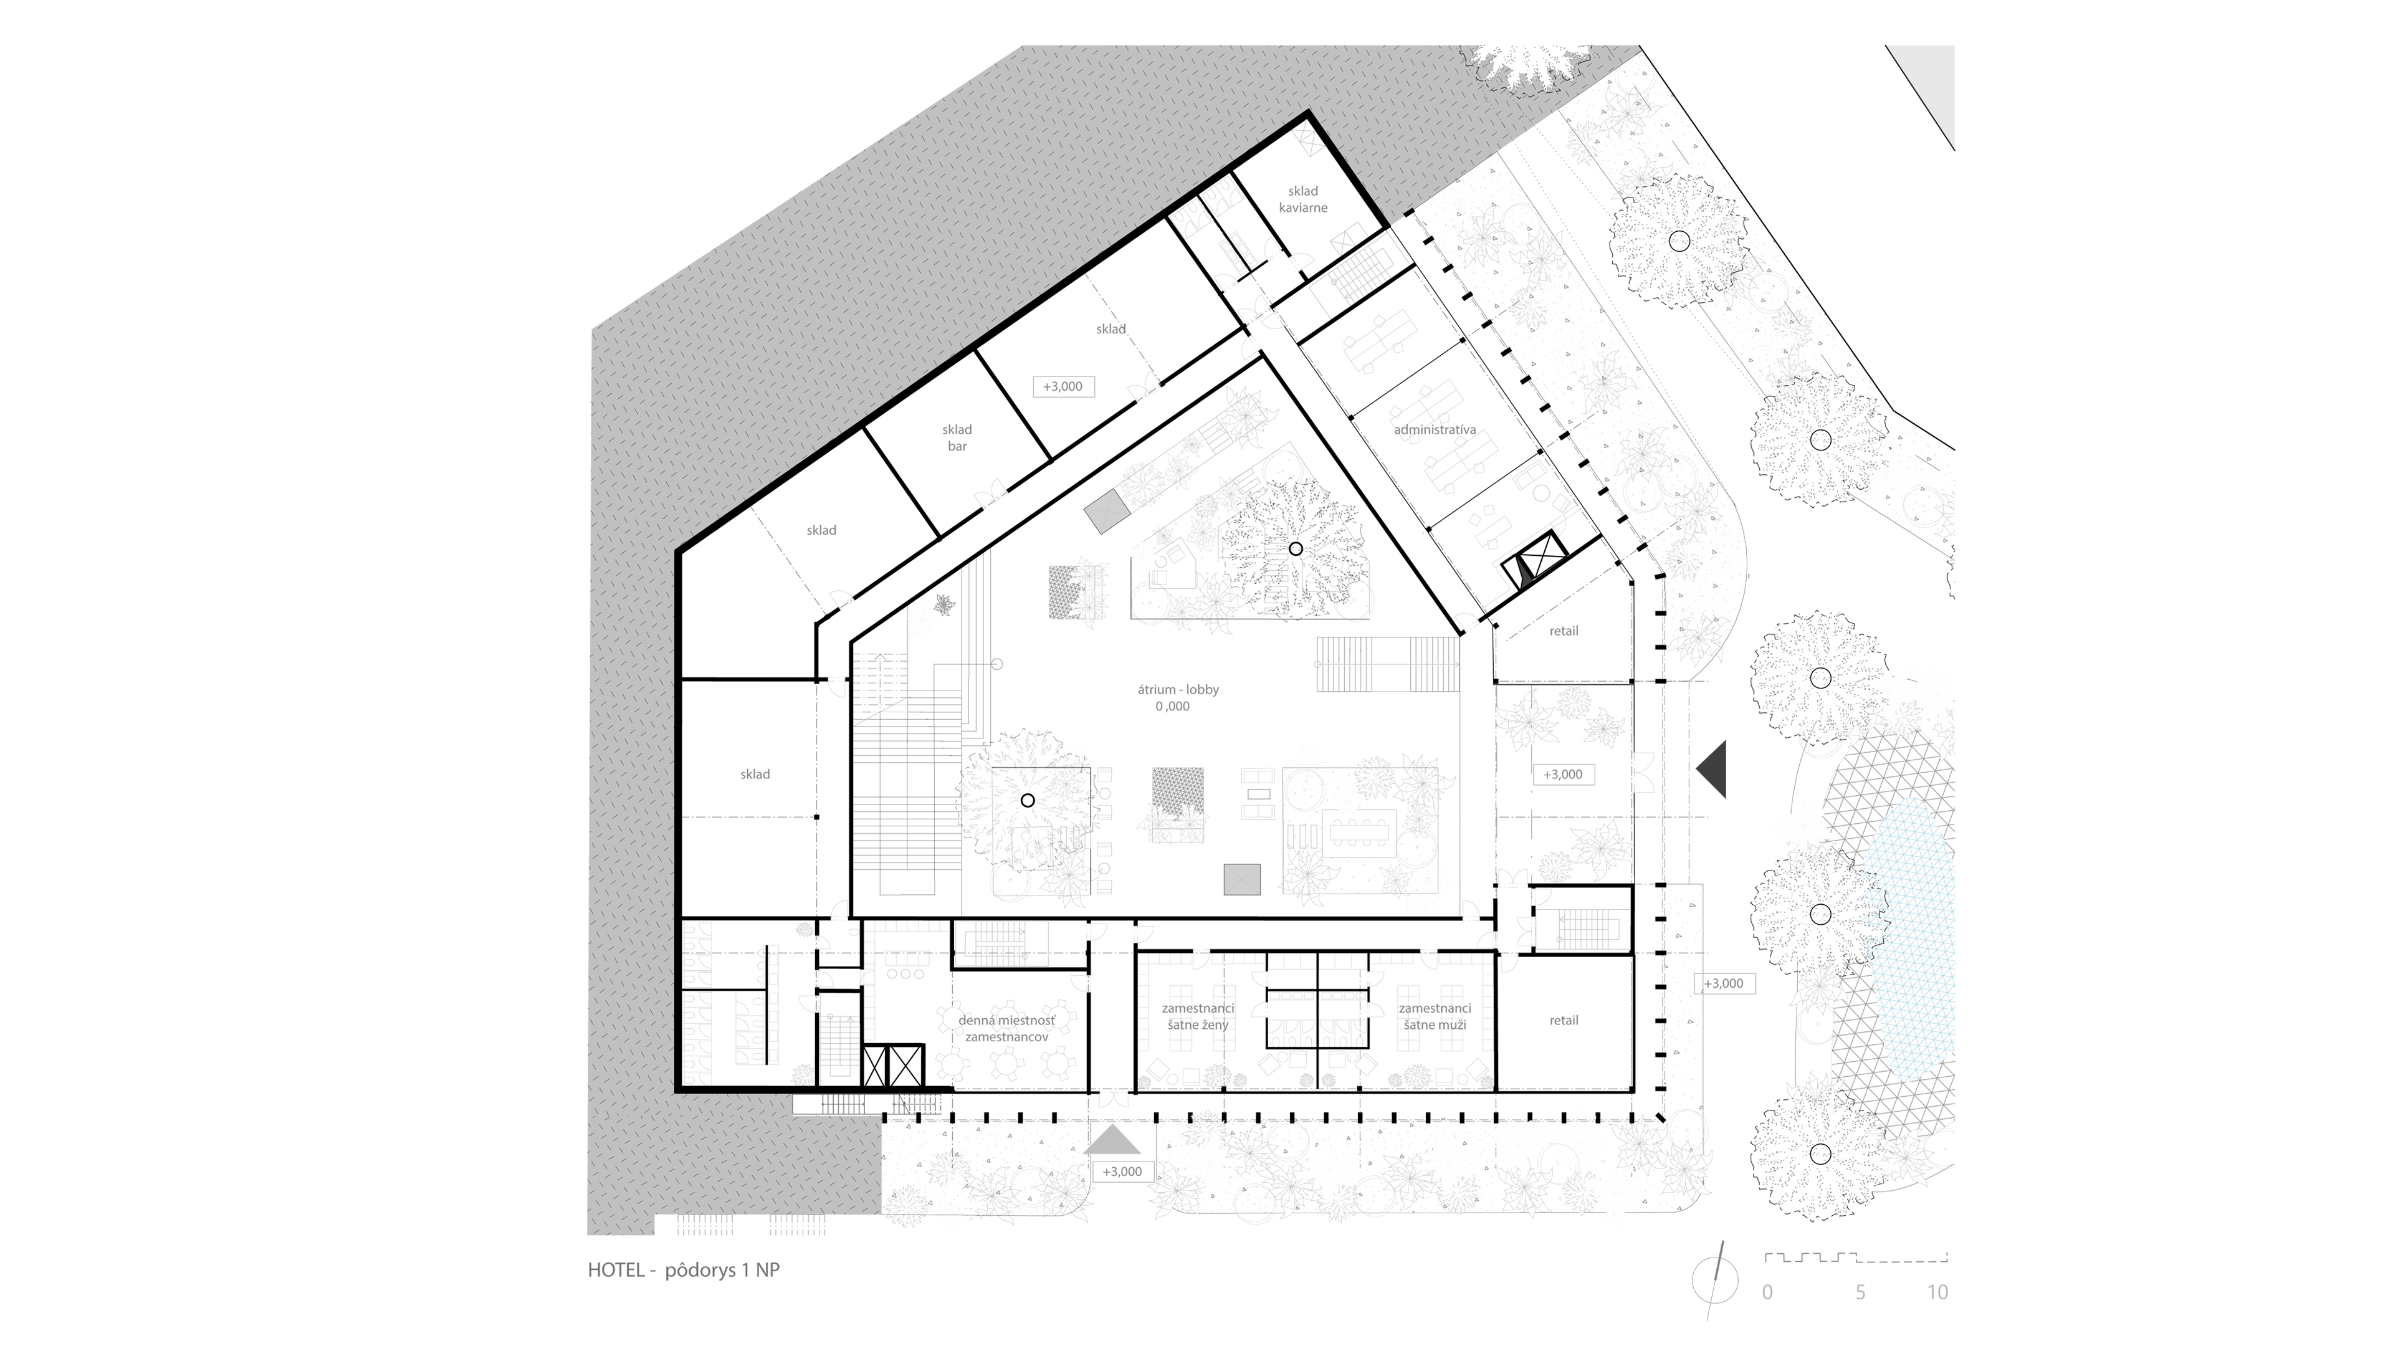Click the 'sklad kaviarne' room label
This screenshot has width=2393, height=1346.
1302,199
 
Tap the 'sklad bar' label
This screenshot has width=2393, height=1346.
957,437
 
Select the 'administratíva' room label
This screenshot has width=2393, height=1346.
1435,430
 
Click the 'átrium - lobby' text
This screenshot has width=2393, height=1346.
1178,689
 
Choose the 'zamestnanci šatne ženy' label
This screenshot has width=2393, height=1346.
1197,1016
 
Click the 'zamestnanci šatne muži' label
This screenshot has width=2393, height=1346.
1435,1016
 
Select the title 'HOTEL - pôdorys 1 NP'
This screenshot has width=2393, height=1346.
684,1270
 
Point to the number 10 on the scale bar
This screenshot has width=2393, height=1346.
1937,1292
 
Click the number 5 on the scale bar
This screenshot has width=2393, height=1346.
1860,1292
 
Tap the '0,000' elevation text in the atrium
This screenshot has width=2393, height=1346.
1172,706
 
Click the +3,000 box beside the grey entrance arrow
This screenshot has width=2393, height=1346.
1122,1172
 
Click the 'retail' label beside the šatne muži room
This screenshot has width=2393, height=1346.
1564,1020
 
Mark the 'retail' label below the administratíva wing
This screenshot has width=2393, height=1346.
1564,631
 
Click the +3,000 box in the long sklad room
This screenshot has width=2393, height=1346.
1063,386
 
